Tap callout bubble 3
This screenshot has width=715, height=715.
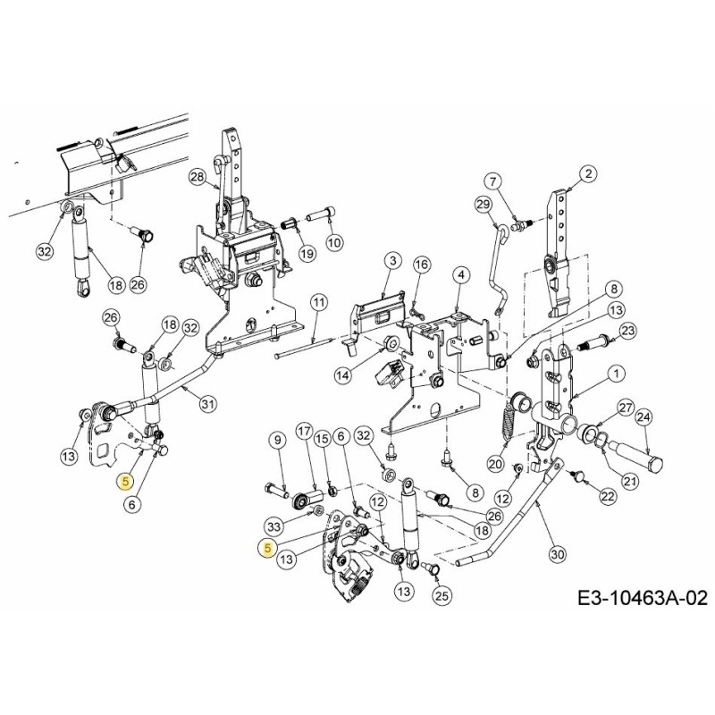[x=391, y=260]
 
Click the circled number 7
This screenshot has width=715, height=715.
[x=494, y=181]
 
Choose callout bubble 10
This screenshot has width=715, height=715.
[x=332, y=243]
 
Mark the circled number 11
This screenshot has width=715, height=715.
[x=318, y=303]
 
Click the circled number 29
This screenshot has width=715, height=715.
[x=483, y=206]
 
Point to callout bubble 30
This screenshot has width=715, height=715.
[x=558, y=554]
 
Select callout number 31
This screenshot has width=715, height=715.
[x=207, y=404]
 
